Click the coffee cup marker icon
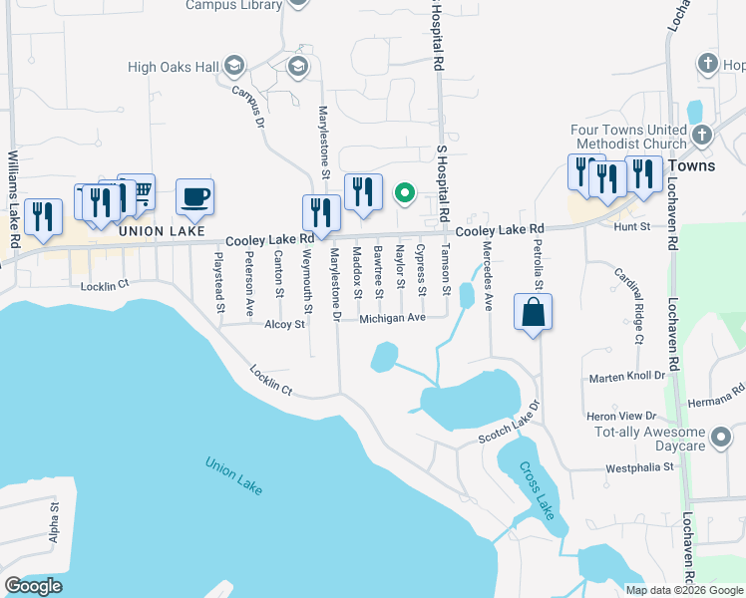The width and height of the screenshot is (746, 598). [x=194, y=195]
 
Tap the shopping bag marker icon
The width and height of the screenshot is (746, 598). [x=534, y=311]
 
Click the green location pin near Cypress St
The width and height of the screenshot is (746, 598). [x=405, y=193]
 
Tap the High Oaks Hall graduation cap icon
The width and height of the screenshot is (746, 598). [x=235, y=67]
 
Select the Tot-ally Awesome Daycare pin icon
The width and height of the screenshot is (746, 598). [x=721, y=437]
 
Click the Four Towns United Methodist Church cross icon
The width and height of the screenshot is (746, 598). [x=701, y=134]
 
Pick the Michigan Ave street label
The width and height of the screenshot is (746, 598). [x=393, y=318]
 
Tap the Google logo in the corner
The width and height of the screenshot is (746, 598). [x=34, y=586]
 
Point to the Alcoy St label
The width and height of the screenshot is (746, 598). [x=284, y=324]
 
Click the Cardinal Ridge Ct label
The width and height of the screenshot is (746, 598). [x=628, y=305]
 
